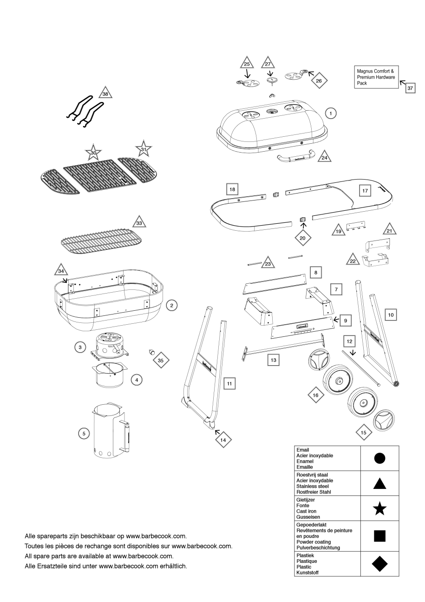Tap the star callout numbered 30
coord(93,153)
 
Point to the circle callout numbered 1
coord(330,113)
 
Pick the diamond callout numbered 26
coord(319,80)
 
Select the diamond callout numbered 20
coord(302,237)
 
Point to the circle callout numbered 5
coord(84,433)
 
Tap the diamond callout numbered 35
coord(161,360)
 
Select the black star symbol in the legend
coord(379,509)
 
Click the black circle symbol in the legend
coord(379,459)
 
